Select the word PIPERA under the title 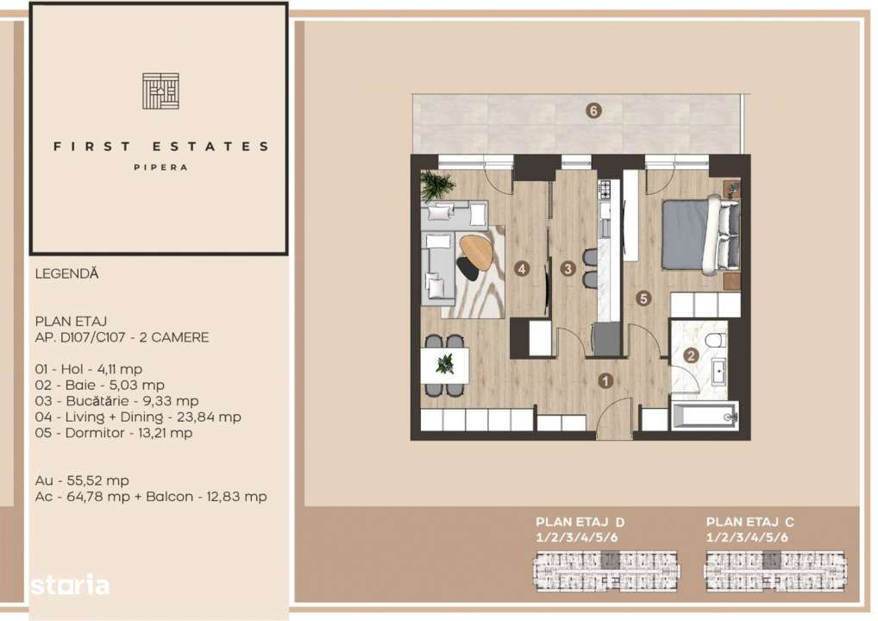tap(160, 167)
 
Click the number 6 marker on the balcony tap(593, 110)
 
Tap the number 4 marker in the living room tap(522, 269)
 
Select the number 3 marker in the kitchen tap(567, 269)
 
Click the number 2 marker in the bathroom tap(690, 354)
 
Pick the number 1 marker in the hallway tap(606, 379)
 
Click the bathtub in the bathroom tap(705, 417)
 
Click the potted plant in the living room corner tap(438, 184)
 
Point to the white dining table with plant tap(445, 365)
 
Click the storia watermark tap(70, 586)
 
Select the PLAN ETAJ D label tap(580, 522)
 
